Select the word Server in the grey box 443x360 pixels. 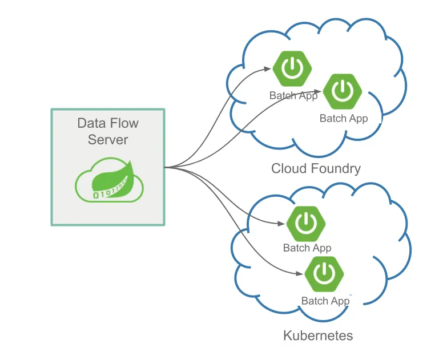(108, 139)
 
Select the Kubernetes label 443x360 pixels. (318, 335)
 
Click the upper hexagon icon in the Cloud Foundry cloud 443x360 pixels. (292, 68)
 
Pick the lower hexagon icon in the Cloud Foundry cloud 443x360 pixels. (342, 91)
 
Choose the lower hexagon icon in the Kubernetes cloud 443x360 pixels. (324, 274)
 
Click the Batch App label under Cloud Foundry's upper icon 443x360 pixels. (293, 95)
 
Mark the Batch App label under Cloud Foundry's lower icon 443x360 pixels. (344, 119)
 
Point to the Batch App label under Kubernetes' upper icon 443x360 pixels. (307, 248)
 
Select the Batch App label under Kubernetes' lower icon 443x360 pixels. (325, 301)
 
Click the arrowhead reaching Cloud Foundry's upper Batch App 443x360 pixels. (268, 70)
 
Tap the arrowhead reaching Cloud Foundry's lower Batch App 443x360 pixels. (317, 91)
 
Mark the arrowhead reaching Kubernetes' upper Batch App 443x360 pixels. (281, 224)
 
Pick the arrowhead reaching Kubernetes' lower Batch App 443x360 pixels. (299, 274)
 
